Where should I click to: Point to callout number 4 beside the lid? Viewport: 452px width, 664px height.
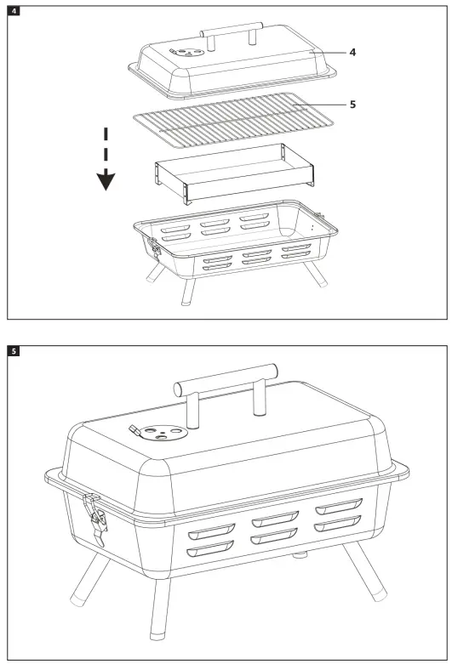352,52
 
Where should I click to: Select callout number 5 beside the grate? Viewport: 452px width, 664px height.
352,105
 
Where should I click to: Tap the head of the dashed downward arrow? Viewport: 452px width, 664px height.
106,180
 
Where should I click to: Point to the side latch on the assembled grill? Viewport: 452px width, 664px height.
94,518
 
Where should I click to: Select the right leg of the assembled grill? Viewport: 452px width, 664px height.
367,575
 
